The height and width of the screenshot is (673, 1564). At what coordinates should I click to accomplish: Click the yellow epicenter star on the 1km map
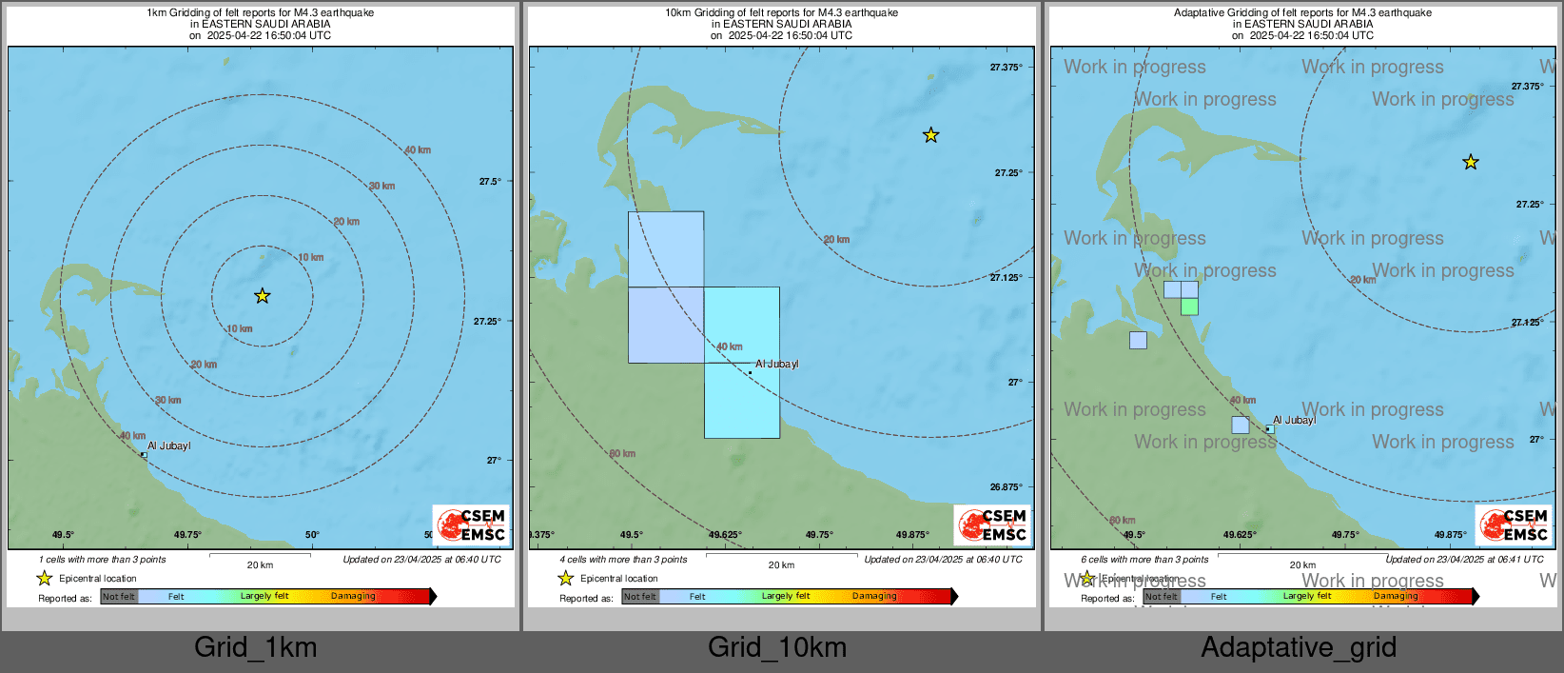pyautogui.click(x=263, y=296)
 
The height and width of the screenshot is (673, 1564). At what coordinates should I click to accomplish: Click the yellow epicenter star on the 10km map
pyautogui.click(x=930, y=135)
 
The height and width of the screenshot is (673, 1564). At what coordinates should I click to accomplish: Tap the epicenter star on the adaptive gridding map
pyautogui.click(x=1471, y=162)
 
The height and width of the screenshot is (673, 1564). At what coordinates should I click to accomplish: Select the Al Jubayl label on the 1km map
pyautogui.click(x=169, y=445)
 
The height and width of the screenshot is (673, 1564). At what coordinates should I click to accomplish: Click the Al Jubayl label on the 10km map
pyautogui.click(x=776, y=364)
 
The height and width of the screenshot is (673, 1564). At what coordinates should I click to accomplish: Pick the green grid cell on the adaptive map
pyautogui.click(x=1189, y=307)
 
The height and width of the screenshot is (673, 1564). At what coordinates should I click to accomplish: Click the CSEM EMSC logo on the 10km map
pyautogui.click(x=992, y=525)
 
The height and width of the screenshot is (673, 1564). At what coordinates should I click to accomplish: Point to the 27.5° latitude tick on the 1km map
pyautogui.click(x=490, y=181)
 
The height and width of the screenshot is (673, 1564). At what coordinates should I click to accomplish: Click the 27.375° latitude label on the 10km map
pyautogui.click(x=1006, y=68)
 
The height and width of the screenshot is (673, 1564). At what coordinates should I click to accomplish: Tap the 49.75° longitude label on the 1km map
pyautogui.click(x=187, y=535)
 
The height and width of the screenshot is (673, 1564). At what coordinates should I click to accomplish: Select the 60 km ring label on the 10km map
pyautogui.click(x=622, y=454)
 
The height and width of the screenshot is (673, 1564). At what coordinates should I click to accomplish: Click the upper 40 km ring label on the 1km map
pyautogui.click(x=418, y=150)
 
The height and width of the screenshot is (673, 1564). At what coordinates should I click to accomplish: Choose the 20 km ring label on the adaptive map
pyautogui.click(x=1362, y=280)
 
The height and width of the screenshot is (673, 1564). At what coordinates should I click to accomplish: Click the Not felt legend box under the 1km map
pyautogui.click(x=119, y=597)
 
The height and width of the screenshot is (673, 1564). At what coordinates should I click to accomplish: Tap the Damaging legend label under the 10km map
pyautogui.click(x=874, y=596)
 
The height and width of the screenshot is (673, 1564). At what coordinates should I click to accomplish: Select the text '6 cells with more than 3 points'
pyautogui.click(x=1144, y=560)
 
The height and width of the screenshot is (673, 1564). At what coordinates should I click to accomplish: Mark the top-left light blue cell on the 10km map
pyautogui.click(x=666, y=248)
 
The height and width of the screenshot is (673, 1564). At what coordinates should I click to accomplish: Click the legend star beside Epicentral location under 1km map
pyautogui.click(x=44, y=579)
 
